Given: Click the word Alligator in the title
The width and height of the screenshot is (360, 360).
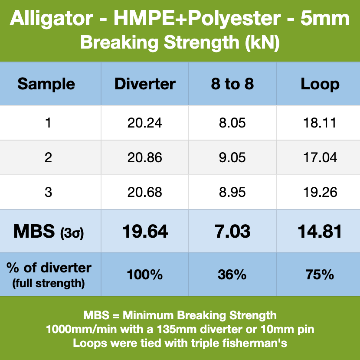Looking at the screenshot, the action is coord(52,19).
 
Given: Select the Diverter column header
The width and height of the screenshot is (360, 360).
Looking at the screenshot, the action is coord(145,84).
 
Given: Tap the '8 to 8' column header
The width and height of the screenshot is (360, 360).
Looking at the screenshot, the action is coord(232,84).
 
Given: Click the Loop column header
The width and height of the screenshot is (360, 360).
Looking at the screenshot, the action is coord(320,85).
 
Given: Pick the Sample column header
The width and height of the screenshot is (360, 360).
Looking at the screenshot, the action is coord(46,85).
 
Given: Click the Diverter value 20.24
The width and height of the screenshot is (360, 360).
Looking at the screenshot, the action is coord(144,123).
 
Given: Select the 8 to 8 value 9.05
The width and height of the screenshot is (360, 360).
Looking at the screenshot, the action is coord(232,157).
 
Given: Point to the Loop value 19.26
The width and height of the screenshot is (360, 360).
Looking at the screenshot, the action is coord(320,192).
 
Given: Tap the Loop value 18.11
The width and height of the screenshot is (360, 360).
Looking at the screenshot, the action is coord(320,123).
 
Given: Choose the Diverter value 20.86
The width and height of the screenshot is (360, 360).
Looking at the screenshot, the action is coord(144,157).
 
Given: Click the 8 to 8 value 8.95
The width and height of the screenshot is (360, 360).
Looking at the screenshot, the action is coord(232,192).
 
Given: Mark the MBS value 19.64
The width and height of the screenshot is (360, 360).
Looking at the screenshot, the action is coord(145,231).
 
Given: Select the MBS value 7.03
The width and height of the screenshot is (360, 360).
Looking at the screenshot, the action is coord(232,231).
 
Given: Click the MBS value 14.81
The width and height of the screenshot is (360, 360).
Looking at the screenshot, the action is coord(320,231).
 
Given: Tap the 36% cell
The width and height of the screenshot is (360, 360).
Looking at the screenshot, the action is coord(232,275).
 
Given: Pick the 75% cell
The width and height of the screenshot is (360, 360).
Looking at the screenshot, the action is coord(320,275).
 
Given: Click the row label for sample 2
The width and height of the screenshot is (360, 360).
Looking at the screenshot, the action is coord(48,157).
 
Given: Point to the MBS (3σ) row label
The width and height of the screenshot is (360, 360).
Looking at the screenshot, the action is coord(49,232).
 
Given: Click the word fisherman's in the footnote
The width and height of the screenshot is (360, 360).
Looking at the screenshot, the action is coord(255,344).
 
